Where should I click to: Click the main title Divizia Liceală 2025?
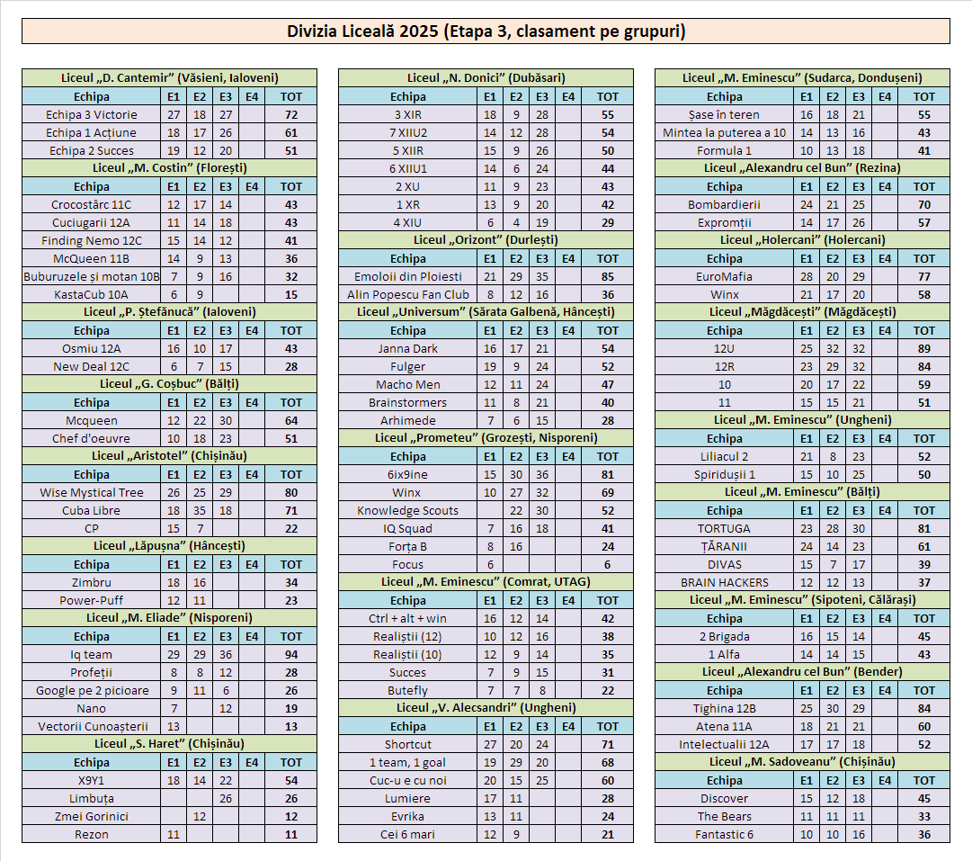486,31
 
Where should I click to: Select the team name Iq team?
92,654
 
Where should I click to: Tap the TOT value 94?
291,654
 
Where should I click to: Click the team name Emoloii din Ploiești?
408,276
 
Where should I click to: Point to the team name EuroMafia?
724,276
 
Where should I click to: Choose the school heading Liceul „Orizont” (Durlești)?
486,240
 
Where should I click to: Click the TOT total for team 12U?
924,348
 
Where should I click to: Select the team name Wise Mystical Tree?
92,492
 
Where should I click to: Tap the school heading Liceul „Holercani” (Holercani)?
802,240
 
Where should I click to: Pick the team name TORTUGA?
724,528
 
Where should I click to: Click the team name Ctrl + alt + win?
408,618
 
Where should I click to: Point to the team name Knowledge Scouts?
408,510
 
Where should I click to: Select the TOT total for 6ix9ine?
608,474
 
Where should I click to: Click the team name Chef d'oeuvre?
92,438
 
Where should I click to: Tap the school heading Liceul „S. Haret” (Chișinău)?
169,744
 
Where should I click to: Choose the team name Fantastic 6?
724,834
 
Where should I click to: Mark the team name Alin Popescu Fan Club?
408,294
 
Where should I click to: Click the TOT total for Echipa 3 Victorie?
291,114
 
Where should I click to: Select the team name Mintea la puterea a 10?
724,132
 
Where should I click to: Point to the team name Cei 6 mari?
408,834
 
